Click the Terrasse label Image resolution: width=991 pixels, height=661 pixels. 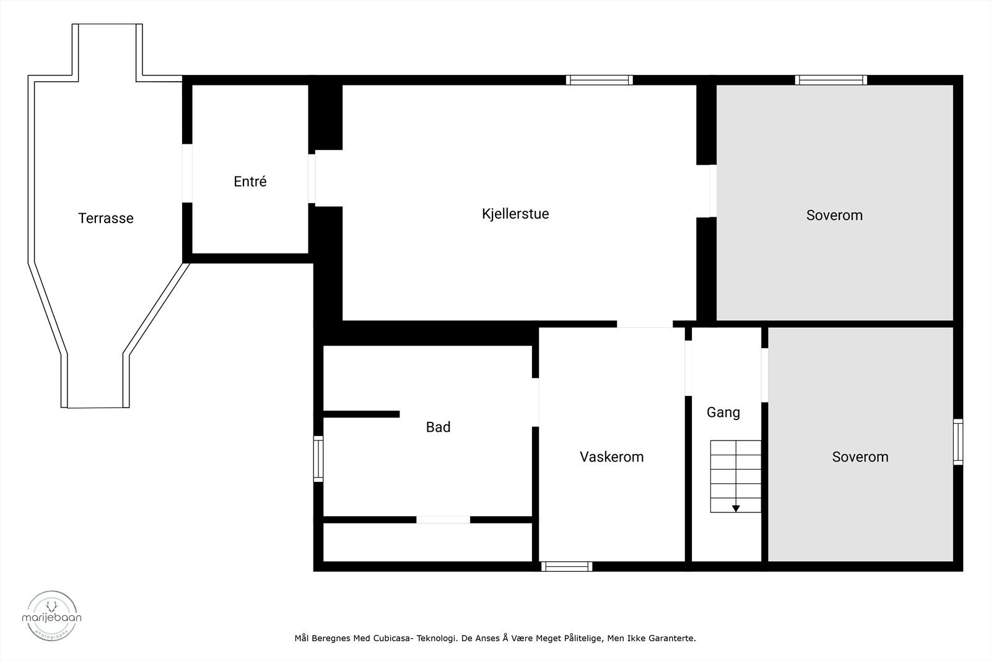106,218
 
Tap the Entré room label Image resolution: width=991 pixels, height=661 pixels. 250,182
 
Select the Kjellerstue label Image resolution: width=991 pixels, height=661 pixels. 515,214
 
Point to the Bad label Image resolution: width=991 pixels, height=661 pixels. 438,427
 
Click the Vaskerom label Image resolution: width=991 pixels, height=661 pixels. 611,457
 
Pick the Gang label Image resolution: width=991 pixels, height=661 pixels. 723,412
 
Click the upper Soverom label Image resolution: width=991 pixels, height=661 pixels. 834,215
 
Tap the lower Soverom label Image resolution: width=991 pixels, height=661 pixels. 860,457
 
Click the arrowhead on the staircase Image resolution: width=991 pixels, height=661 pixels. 736,509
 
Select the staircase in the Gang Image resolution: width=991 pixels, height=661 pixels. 735,476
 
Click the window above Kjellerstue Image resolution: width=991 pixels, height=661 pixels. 599,80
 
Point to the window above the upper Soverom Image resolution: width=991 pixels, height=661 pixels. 831,80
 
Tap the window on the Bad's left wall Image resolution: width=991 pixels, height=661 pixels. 318,458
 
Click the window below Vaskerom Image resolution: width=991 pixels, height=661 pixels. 567,566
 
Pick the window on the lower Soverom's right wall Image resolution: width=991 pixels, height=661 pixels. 958,442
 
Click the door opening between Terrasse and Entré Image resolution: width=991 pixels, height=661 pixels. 187,173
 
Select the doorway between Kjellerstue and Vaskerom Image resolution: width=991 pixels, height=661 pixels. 644,324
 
